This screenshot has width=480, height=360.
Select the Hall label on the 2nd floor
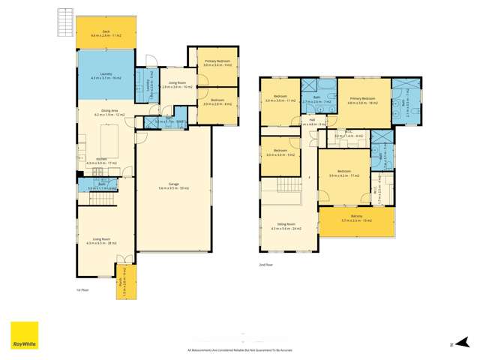tap(311, 121)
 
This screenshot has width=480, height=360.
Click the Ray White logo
tap(24, 336)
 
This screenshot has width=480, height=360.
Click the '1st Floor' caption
tap(82, 289)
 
